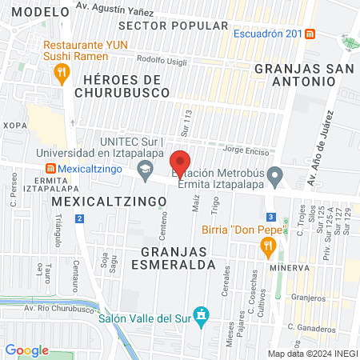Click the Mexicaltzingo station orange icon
tap(50, 169)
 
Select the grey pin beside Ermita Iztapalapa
tap(274, 174)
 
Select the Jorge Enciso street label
tap(246, 149)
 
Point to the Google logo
tap(27, 350)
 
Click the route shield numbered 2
tap(79, 218)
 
